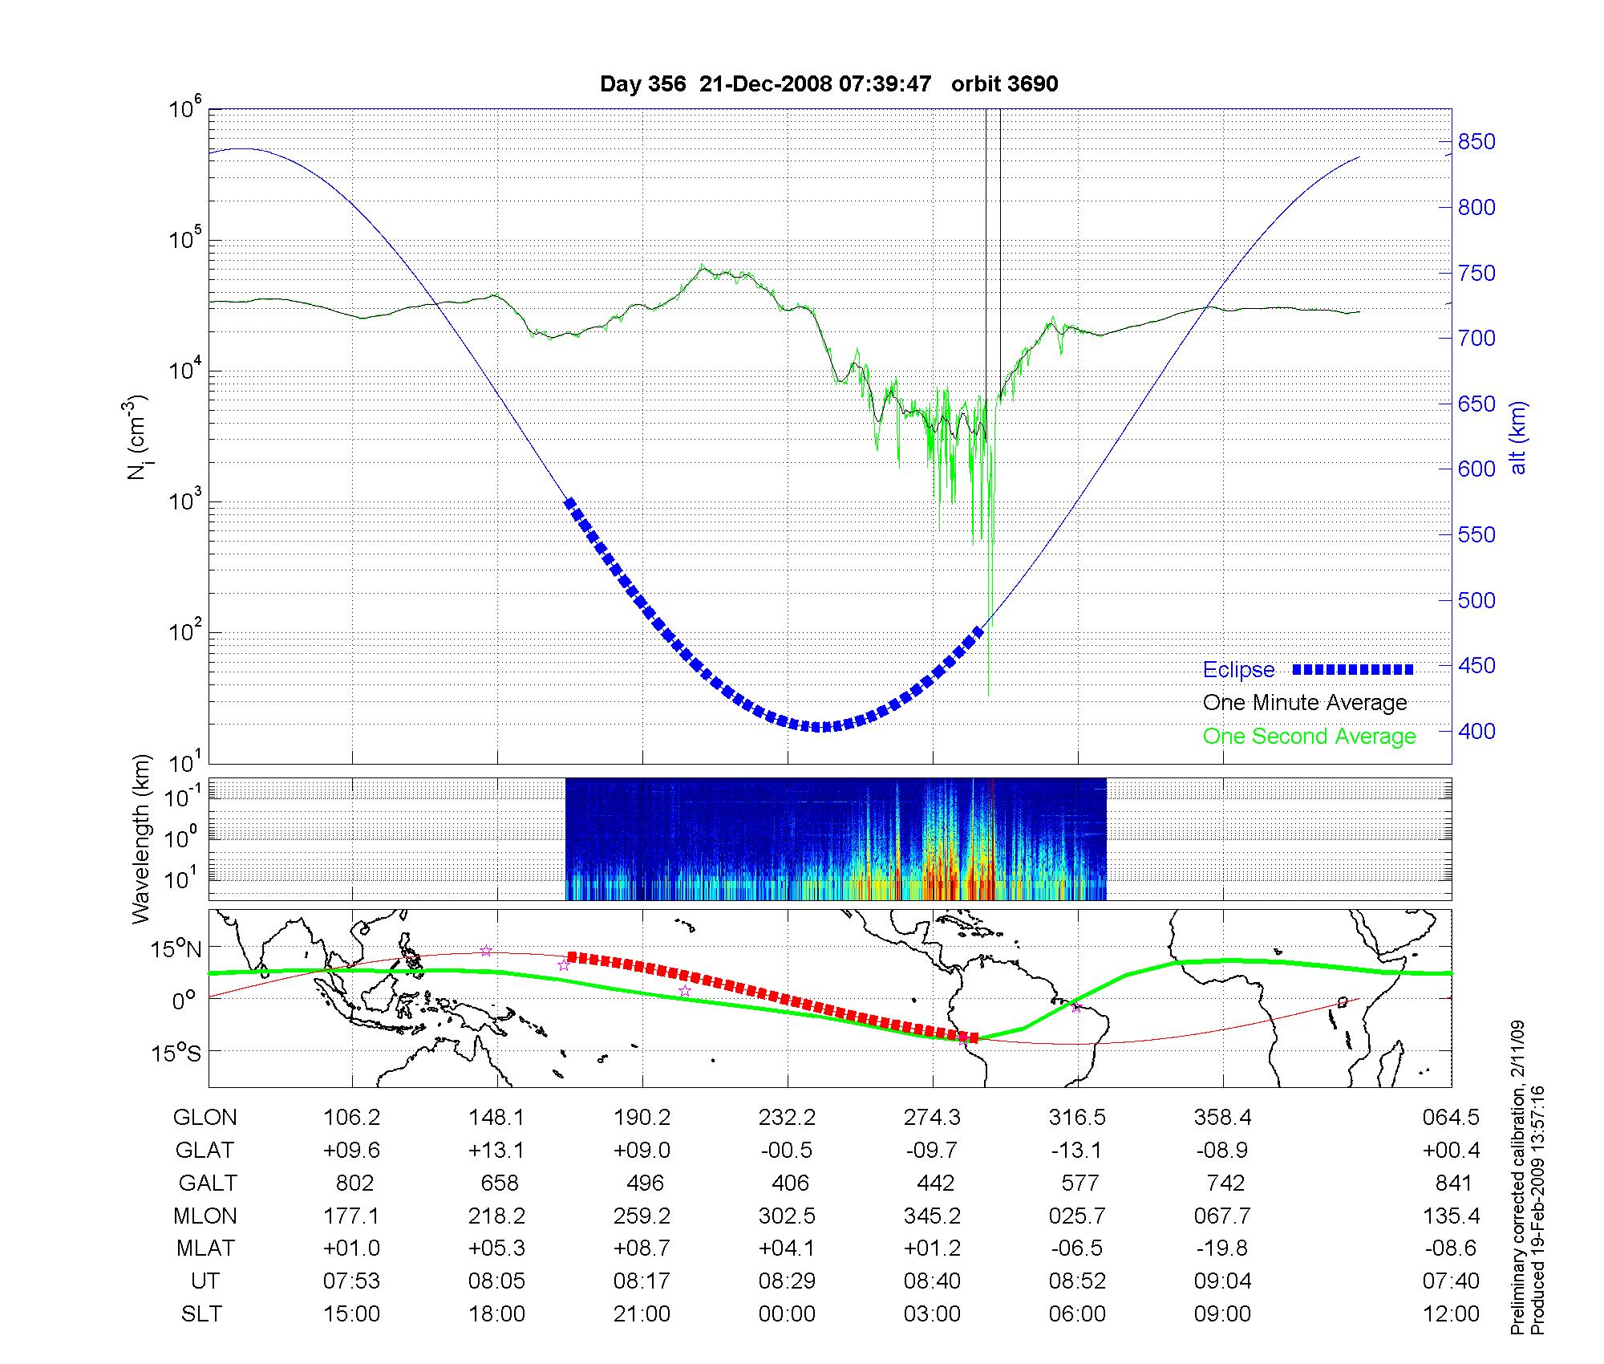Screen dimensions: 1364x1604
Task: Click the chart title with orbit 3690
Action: click(828, 84)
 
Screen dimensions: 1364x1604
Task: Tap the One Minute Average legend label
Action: click(1305, 703)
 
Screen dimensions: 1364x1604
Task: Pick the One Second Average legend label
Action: click(1309, 737)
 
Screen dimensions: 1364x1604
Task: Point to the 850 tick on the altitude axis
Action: click(1476, 142)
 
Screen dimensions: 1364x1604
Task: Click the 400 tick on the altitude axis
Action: click(1476, 731)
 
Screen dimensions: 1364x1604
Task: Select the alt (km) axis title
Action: click(1519, 437)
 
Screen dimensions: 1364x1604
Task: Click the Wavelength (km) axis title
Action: click(142, 838)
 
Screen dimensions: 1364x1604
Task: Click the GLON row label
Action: click(205, 1118)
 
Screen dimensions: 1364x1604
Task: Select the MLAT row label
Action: click(205, 1248)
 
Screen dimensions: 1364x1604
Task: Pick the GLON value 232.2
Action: click(787, 1118)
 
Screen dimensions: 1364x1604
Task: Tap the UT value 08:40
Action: click(932, 1281)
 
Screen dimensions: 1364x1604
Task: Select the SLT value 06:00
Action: click(1077, 1314)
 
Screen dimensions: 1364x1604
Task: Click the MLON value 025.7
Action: click(1077, 1216)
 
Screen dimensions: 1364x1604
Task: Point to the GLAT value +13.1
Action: click(496, 1151)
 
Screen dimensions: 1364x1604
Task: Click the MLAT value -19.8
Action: click(1222, 1248)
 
